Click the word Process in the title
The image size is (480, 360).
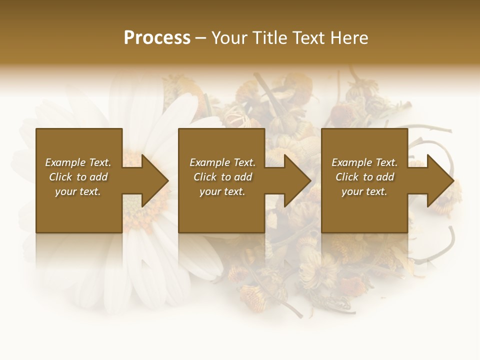click(x=157, y=38)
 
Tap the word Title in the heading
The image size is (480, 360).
click(x=269, y=38)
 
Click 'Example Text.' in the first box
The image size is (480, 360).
click(x=78, y=162)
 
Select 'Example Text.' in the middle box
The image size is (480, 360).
click(x=222, y=162)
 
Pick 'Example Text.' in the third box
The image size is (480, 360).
click(x=364, y=162)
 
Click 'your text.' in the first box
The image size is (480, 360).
click(x=78, y=191)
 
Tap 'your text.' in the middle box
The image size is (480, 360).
click(x=222, y=191)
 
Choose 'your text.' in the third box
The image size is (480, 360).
click(x=364, y=191)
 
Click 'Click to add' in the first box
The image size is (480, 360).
click(x=78, y=177)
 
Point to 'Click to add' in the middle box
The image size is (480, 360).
click(x=222, y=177)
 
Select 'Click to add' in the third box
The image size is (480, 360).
click(x=364, y=177)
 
